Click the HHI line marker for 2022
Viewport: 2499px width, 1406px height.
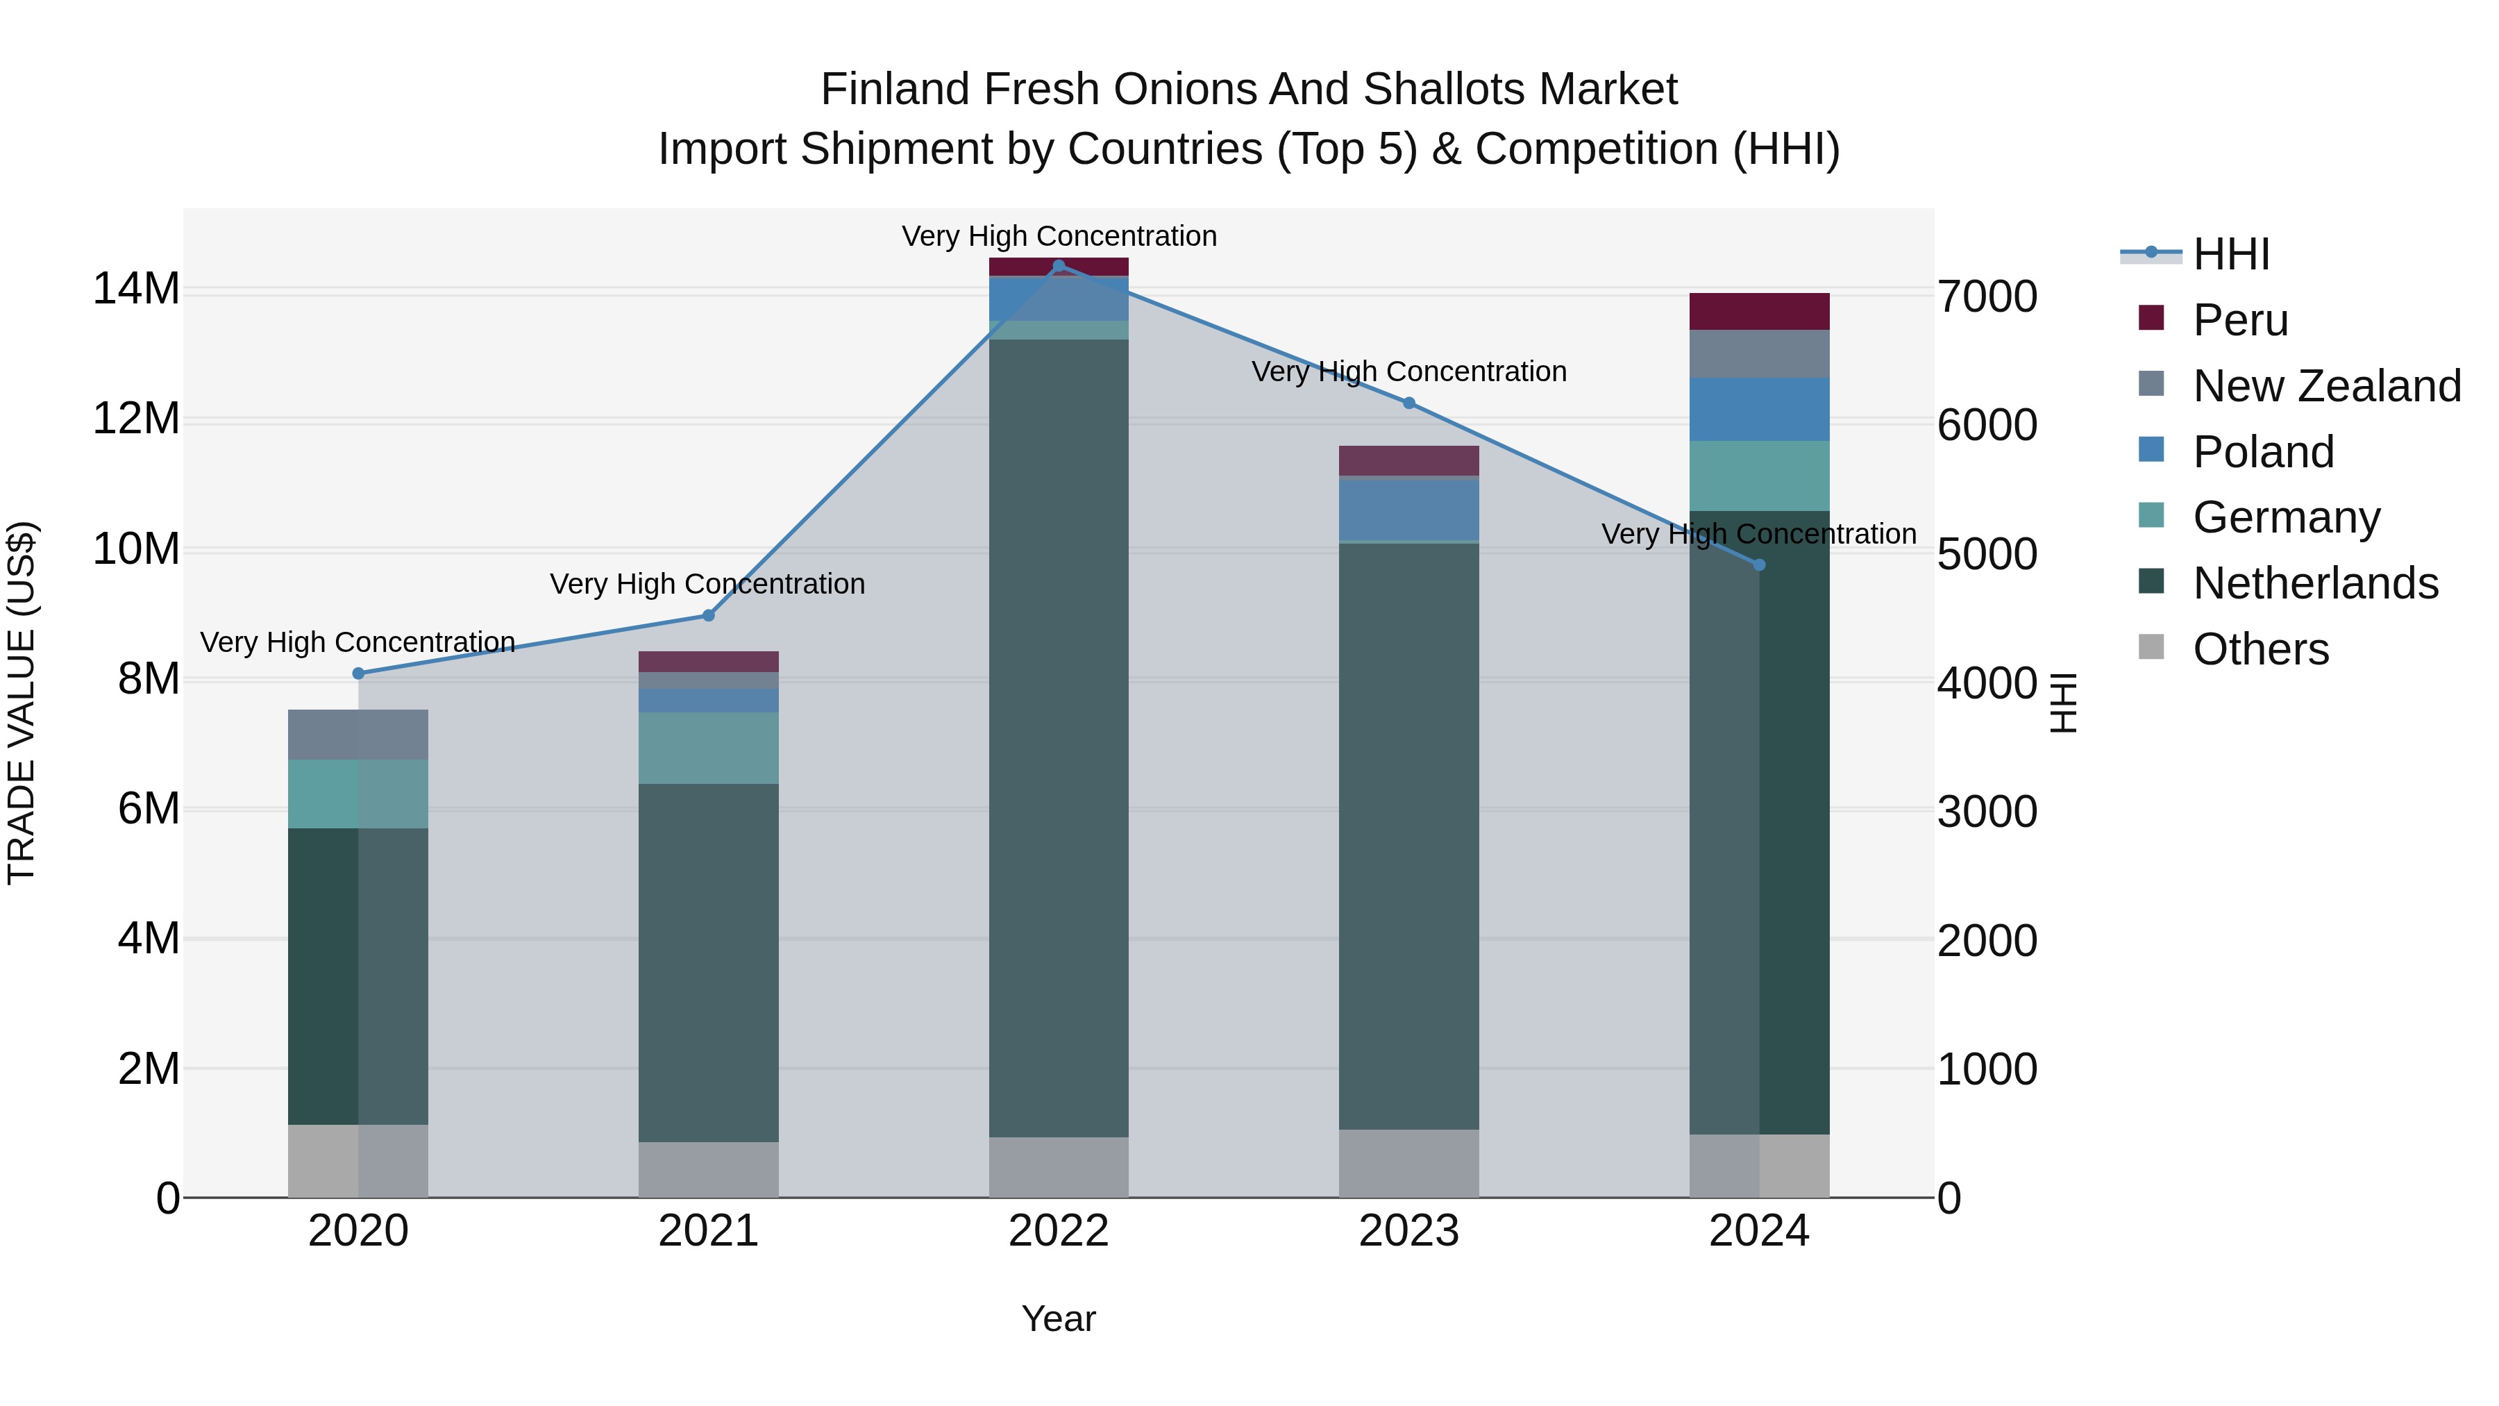pyautogui.click(x=1059, y=266)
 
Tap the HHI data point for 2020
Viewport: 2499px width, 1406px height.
pyautogui.click(x=358, y=673)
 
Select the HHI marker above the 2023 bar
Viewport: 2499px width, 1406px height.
pyautogui.click(x=1408, y=403)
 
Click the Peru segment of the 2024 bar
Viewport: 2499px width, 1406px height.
pyautogui.click(x=1759, y=312)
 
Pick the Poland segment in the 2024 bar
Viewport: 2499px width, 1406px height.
pyautogui.click(x=1759, y=410)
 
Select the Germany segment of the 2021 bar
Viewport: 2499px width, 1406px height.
pyautogui.click(x=708, y=748)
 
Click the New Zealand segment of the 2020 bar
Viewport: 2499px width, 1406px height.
pyautogui.click(x=358, y=735)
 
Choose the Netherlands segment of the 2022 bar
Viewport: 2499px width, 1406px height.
pyautogui.click(x=1059, y=737)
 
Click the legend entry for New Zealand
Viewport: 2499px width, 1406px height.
pyautogui.click(x=2326, y=386)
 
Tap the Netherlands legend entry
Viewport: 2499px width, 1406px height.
pyautogui.click(x=2314, y=584)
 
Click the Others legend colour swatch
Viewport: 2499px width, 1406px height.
pyautogui.click(x=2151, y=647)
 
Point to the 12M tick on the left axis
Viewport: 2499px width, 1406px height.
pyautogui.click(x=137, y=419)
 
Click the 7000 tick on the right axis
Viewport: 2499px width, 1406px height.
pyautogui.click(x=1987, y=297)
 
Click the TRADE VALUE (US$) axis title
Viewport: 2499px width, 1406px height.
pyautogui.click(x=22, y=703)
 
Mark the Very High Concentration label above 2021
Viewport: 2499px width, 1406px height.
pyautogui.click(x=707, y=584)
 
